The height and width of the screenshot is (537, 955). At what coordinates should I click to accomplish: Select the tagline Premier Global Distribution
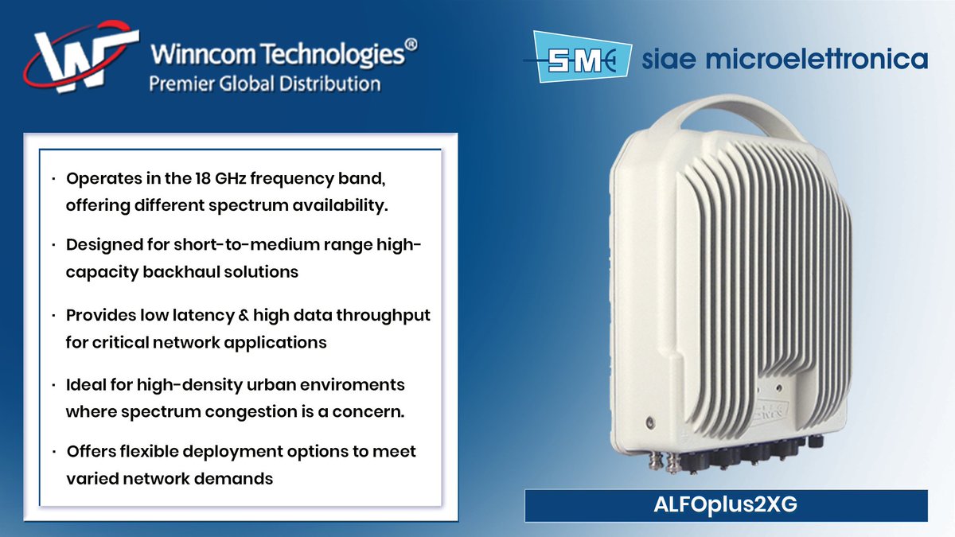click(x=265, y=84)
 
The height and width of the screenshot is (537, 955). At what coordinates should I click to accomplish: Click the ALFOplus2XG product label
click(x=725, y=507)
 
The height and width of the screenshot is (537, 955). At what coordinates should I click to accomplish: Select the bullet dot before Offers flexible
click(x=52, y=452)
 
